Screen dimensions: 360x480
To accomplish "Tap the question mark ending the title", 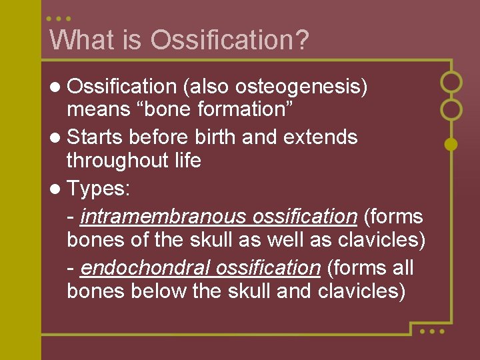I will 302,40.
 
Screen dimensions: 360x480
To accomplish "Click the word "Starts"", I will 95,137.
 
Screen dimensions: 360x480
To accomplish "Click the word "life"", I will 187,161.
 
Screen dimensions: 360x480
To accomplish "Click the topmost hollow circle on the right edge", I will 452,82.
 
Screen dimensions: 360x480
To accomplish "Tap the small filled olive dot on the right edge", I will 451,143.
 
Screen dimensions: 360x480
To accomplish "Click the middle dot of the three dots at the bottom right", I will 431,331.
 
